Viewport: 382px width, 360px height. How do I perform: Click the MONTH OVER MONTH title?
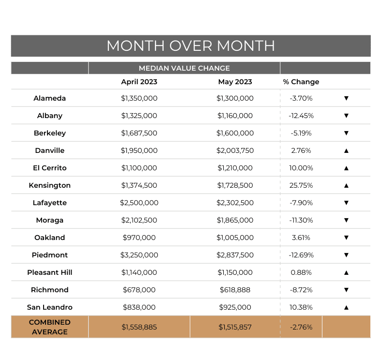click(191, 46)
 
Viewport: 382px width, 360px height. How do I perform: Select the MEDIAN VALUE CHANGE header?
click(184, 68)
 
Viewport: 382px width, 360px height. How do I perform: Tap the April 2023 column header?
click(139, 82)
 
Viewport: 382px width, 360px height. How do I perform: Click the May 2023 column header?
click(235, 82)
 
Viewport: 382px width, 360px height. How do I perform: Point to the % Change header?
click(301, 82)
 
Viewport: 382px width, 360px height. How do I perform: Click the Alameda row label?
click(50, 98)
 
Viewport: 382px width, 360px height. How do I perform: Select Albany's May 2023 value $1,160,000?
click(235, 116)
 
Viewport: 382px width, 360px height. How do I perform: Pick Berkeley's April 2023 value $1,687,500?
click(139, 133)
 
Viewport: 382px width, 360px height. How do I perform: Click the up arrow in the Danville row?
click(346, 150)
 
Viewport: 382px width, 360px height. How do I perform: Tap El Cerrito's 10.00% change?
click(302, 168)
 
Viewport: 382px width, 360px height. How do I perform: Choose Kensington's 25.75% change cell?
click(302, 185)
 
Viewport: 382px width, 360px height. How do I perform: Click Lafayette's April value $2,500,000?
click(139, 203)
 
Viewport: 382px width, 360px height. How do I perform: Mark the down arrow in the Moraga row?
click(346, 220)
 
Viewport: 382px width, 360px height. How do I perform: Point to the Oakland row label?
click(50, 238)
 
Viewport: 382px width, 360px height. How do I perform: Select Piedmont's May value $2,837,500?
click(235, 255)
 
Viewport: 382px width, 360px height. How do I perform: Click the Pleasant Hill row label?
click(50, 272)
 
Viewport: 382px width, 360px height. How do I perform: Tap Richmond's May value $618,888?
click(235, 290)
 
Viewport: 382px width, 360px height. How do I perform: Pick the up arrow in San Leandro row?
click(346, 307)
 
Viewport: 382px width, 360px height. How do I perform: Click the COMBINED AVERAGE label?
click(50, 327)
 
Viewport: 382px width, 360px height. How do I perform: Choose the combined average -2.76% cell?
click(302, 327)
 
